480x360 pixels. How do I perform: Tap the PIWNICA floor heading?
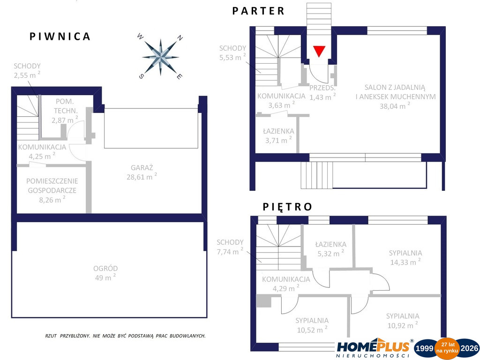tap(60, 37)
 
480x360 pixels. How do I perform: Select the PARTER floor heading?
tap(258, 11)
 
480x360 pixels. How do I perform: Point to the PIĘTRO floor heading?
tap(287, 207)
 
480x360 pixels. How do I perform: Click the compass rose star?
tap(160, 57)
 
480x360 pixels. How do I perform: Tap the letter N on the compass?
tap(180, 38)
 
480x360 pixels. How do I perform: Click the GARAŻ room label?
tap(142, 168)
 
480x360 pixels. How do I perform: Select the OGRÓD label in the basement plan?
tap(105, 269)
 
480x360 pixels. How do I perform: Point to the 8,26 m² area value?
tap(52, 200)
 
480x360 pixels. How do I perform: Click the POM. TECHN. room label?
tap(65, 106)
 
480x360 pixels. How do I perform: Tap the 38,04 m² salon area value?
tap(395, 106)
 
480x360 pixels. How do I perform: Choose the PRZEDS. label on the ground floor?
tap(322, 88)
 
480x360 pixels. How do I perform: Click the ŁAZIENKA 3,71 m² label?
tap(278, 135)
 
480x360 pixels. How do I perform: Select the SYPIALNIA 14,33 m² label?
tap(405, 257)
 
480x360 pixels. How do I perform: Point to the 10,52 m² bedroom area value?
tap(312, 330)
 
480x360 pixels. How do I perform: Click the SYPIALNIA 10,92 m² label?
tap(403, 321)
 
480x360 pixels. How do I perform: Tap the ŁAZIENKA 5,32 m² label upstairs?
tap(330, 249)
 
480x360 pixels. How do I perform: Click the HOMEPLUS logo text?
tap(373, 347)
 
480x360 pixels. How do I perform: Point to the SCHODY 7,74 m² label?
tap(230, 247)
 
